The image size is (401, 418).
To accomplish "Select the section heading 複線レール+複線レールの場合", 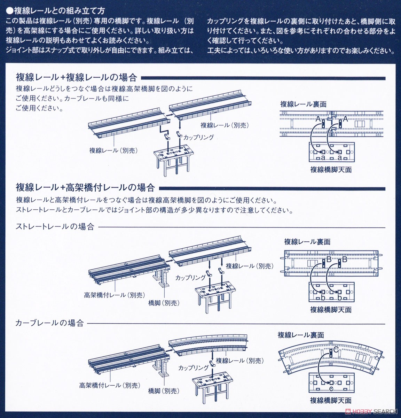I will click(x=76, y=77).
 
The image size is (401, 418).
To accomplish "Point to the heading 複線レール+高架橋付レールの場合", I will click(x=85, y=187).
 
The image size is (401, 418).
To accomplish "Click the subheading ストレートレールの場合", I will click(x=55, y=227).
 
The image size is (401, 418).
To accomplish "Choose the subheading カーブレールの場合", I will click(x=50, y=323).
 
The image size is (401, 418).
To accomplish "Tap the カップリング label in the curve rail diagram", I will click(x=193, y=368).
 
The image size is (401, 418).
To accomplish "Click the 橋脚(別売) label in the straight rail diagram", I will click(x=164, y=303).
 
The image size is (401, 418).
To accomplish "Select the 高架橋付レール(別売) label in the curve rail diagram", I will click(x=110, y=386).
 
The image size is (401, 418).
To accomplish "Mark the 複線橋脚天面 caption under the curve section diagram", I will click(x=331, y=401).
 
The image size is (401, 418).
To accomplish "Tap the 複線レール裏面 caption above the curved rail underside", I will click(x=301, y=335).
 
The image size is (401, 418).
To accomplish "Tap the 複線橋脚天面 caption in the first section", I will click(x=331, y=170).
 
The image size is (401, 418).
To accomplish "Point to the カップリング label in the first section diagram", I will click(x=198, y=137).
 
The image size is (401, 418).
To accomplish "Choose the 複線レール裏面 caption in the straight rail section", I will click(x=307, y=241).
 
